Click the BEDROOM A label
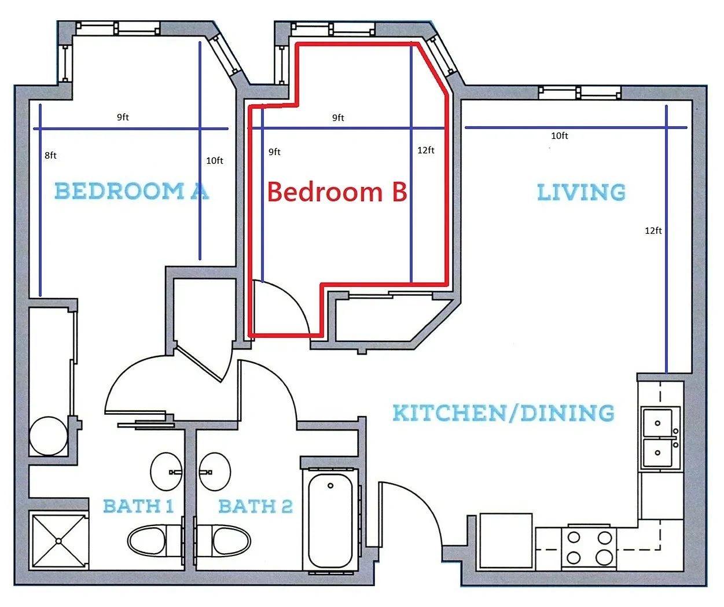pos(132,191)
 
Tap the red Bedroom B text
pos(337,192)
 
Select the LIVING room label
pos(581,192)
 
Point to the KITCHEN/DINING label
pos(504,413)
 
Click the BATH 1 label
pos(138,506)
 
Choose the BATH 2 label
pos(256,506)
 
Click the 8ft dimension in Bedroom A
pos(50,155)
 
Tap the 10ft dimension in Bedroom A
pos(215,160)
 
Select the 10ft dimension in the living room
pos(559,135)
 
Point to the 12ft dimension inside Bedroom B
pos(426,150)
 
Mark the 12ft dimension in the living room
pos(653,230)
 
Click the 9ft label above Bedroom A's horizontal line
pos(123,117)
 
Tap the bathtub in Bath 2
pos(330,521)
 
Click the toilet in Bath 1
pos(155,541)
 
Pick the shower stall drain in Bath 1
pos(58,541)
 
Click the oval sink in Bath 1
pos(166,472)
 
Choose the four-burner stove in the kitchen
pos(589,549)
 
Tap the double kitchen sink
pos(660,438)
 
